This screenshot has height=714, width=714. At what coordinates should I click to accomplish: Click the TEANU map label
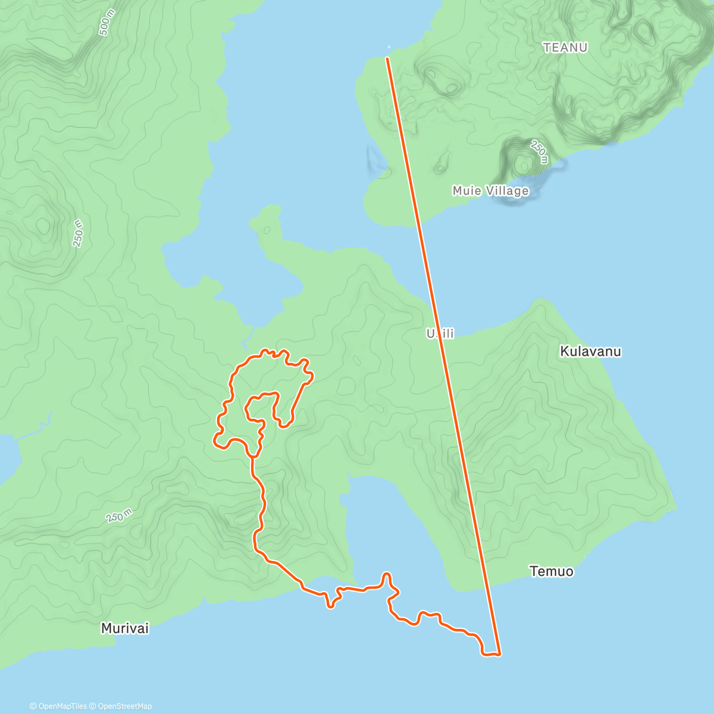[x=565, y=48]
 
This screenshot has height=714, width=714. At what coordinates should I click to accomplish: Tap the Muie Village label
[x=490, y=191]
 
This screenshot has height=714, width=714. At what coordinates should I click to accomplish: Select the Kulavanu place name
[x=590, y=352]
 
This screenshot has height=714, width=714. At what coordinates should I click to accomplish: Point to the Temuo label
[x=552, y=572]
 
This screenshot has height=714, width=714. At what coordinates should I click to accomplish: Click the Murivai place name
[x=125, y=628]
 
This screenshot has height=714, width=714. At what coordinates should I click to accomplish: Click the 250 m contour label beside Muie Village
[x=538, y=152]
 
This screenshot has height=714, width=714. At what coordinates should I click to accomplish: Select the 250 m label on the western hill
[x=78, y=233]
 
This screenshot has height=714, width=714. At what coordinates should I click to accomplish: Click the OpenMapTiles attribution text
[x=62, y=706]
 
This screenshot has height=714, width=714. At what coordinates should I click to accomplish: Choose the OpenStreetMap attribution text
[x=125, y=706]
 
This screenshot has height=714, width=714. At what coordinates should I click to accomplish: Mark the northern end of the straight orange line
[x=387, y=58]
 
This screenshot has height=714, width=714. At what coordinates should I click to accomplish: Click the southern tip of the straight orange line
[x=499, y=654]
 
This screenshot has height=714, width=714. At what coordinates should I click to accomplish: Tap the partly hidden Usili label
[x=440, y=334]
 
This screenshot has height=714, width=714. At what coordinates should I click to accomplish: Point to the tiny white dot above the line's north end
[x=389, y=47]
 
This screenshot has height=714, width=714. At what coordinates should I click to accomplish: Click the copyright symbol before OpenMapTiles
[x=33, y=706]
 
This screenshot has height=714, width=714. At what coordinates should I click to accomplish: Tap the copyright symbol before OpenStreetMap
[x=93, y=706]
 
